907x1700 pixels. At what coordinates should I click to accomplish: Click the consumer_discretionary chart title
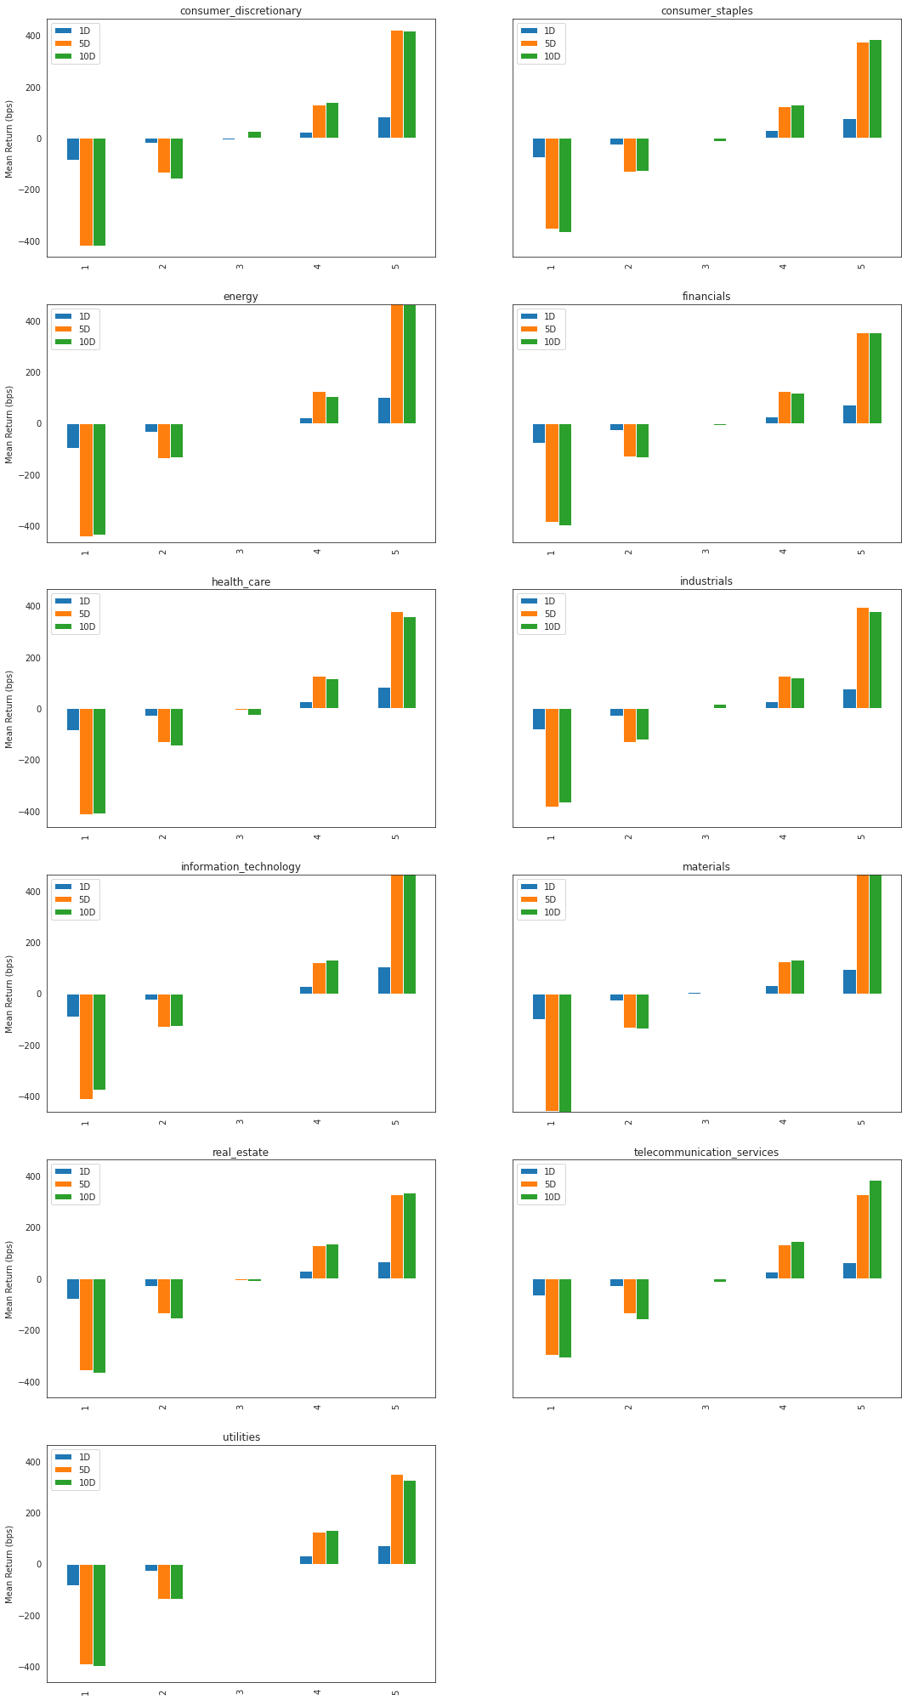pos(241,11)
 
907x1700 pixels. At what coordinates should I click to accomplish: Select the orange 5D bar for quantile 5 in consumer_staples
pos(862,90)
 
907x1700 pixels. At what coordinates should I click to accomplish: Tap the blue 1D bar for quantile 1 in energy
pos(73,435)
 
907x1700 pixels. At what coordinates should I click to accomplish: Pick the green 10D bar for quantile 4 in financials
pos(797,408)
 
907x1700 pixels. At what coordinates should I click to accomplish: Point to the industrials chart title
pos(706,581)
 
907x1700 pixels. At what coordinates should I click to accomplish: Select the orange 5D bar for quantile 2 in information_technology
pos(164,1010)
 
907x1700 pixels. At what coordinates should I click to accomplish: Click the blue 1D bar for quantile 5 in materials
pos(849,982)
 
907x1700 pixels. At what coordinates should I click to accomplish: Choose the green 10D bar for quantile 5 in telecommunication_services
pos(876,1229)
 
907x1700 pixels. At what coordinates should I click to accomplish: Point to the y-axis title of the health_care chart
pos(9,709)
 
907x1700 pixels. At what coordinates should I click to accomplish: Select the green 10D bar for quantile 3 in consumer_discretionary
pos(254,134)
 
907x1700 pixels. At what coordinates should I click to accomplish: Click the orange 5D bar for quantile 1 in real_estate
pos(87,1324)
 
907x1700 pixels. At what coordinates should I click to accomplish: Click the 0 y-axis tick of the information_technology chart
pos(38,994)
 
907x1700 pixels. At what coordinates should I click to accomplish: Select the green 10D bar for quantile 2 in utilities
pos(177,1581)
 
